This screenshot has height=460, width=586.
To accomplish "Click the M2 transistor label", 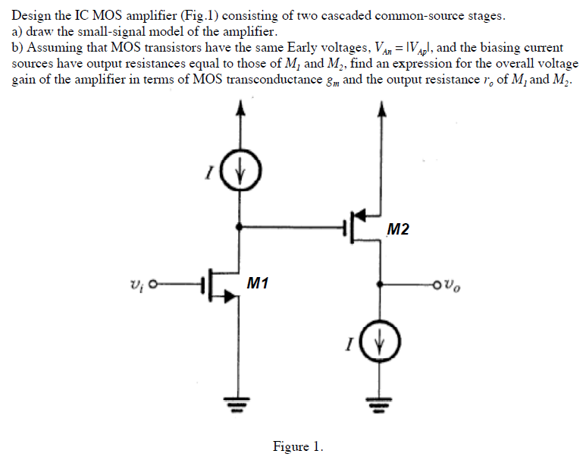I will click(397, 229).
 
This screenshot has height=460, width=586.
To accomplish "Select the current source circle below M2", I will click(381, 351).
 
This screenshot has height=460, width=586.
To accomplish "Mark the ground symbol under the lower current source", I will click(381, 403).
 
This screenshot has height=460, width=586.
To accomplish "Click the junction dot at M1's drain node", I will click(241, 226).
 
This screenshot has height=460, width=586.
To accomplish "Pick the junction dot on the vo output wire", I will click(381, 286).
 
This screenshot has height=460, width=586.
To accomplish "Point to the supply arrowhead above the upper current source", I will click(241, 109).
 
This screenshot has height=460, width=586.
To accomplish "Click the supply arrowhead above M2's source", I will click(381, 109).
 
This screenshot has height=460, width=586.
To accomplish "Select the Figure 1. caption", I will click(298, 446).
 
